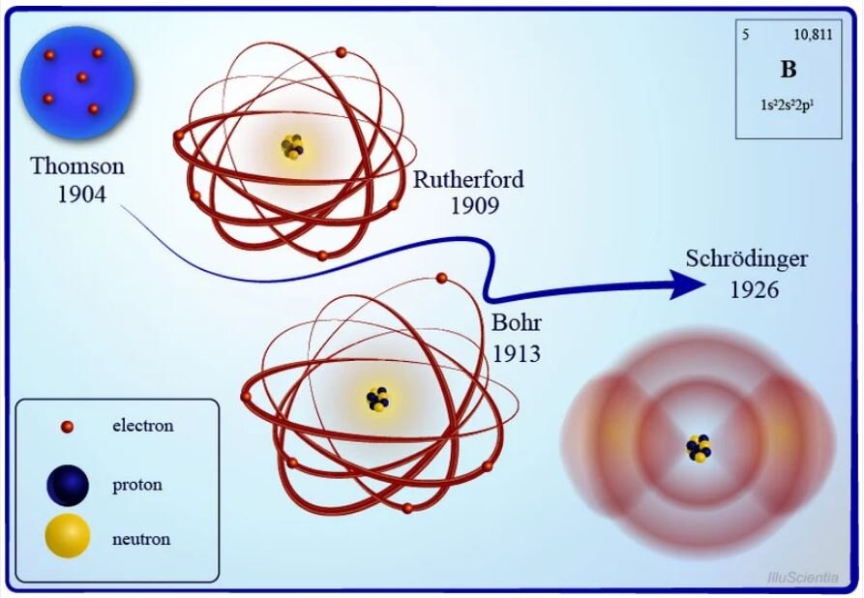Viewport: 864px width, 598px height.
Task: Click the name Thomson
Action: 77,165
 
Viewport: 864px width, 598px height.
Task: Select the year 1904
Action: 81,194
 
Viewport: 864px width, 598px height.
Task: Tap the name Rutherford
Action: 468,180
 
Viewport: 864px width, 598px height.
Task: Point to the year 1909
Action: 475,206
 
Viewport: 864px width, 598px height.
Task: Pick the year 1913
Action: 517,353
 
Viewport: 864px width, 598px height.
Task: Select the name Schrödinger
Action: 747,259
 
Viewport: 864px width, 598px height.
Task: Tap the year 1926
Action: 755,290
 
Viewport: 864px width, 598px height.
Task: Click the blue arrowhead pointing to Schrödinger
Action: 687,284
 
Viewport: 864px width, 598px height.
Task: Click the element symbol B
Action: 789,70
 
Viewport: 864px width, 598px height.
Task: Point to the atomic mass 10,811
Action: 813,35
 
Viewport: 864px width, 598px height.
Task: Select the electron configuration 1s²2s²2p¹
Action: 788,105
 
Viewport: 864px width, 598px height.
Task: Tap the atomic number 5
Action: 746,35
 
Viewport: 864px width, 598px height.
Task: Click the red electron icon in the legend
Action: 67,427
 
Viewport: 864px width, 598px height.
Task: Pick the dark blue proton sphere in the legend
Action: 67,485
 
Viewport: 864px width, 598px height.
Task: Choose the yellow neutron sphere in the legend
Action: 67,536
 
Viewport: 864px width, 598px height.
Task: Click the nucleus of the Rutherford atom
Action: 292,147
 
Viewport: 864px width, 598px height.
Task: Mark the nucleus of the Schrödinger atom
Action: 700,448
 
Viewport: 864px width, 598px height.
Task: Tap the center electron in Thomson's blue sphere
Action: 82,77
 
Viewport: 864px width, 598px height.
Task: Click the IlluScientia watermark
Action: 803,578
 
